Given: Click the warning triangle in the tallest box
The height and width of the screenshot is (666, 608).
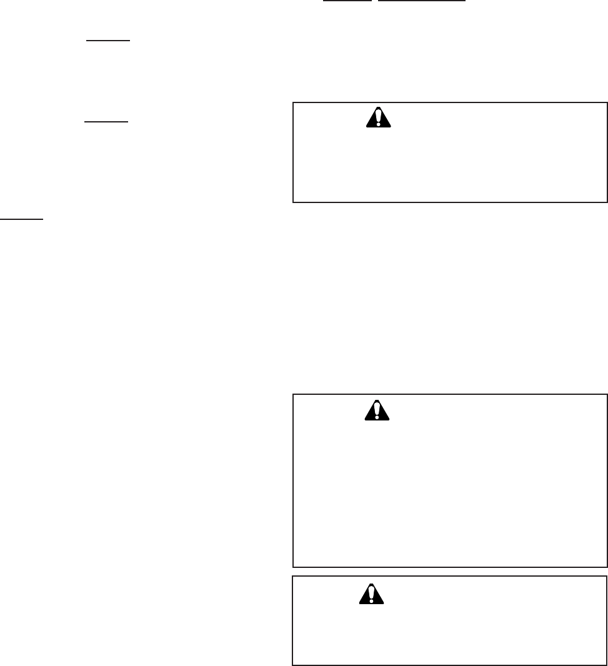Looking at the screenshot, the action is pyautogui.click(x=377, y=410).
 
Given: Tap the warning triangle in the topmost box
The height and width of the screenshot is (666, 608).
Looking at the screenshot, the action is pyautogui.click(x=378, y=118).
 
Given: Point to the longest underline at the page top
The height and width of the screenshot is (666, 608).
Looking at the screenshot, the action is pyautogui.click(x=422, y=1).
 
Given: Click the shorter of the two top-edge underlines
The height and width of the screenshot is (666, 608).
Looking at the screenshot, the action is pyautogui.click(x=338, y=1).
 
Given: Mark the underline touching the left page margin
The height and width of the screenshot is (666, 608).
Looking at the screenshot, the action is pyautogui.click(x=21, y=219).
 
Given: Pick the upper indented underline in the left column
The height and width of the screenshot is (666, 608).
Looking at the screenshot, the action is pyautogui.click(x=108, y=39).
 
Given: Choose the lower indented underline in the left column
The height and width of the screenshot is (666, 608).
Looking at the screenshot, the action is pyautogui.click(x=106, y=122).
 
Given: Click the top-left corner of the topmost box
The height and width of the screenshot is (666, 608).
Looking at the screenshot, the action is pyautogui.click(x=293, y=102).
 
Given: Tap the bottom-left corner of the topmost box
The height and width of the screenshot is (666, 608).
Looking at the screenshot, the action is pyautogui.click(x=293, y=202).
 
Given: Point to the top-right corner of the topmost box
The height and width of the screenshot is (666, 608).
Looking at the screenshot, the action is pyautogui.click(x=607, y=102).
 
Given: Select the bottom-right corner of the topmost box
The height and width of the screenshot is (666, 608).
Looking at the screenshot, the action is pyautogui.click(x=607, y=202).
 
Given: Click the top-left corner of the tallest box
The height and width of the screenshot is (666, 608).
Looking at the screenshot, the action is pyautogui.click(x=293, y=394).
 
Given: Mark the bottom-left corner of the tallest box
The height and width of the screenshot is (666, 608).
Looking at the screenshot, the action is pyautogui.click(x=293, y=567).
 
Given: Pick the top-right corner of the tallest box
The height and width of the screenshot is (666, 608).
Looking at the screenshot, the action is pyautogui.click(x=607, y=394).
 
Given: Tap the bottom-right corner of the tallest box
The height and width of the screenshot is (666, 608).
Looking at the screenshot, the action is pyautogui.click(x=607, y=567).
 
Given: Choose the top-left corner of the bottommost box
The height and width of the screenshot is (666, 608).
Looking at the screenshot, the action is pyautogui.click(x=293, y=576).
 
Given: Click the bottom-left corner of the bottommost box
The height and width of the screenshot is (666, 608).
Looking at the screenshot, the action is pyautogui.click(x=293, y=664).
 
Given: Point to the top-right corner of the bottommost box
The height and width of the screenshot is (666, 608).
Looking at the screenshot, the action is pyautogui.click(x=607, y=576).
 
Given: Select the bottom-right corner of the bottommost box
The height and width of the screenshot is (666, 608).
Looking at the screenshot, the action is pyautogui.click(x=607, y=664).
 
